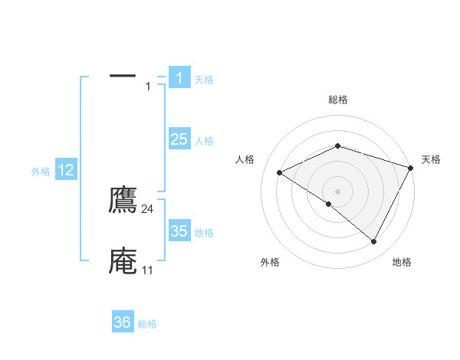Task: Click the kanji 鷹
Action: pyautogui.click(x=123, y=201)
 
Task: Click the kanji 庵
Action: pyautogui.click(x=123, y=261)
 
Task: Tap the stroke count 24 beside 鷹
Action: pyautogui.click(x=148, y=208)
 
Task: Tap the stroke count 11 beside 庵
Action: pyautogui.click(x=147, y=270)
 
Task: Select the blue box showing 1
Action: pyautogui.click(x=179, y=78)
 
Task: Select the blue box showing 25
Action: pyautogui.click(x=179, y=139)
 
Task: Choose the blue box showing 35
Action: pyautogui.click(x=179, y=231)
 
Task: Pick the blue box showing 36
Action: pyautogui.click(x=123, y=322)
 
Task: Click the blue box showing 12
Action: pyautogui.click(x=66, y=170)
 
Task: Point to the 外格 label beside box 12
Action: pyautogui.click(x=41, y=172)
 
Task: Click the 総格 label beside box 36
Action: pyautogui.click(x=147, y=324)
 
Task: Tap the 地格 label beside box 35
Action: pyautogui.click(x=204, y=233)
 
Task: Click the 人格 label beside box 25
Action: pyautogui.click(x=204, y=141)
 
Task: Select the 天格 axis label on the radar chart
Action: pyautogui.click(x=431, y=159)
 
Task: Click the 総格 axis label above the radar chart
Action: pyautogui.click(x=337, y=100)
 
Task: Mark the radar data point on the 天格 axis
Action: pyautogui.click(x=412, y=168)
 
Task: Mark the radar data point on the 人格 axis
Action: pyautogui.click(x=280, y=173)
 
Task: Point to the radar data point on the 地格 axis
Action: pyautogui.click(x=374, y=242)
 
